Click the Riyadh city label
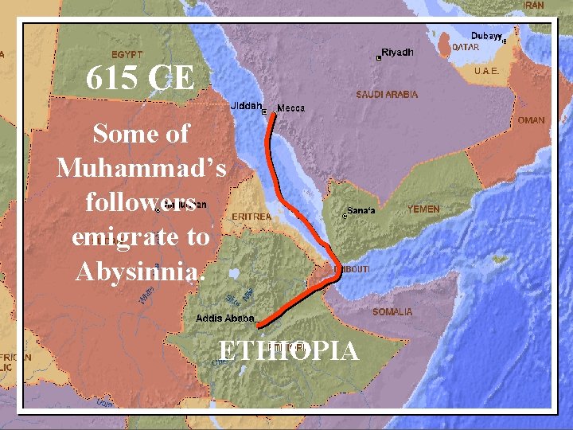tap(398, 53)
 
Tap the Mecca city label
tap(290, 107)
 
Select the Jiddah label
tap(245, 105)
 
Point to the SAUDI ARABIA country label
tap(387, 94)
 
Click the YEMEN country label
tap(423, 209)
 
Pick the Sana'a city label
tap(361, 210)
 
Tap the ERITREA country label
tap(251, 216)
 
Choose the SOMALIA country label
tap(392, 311)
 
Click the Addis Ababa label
tap(224, 319)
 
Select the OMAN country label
tap(531, 120)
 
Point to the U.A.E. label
tap(486, 71)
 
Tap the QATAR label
tap(466, 47)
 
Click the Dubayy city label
tap(485, 36)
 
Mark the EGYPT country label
tap(127, 55)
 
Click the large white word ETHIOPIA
tap(288, 350)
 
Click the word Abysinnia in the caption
tap(140, 272)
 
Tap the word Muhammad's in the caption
tap(141, 168)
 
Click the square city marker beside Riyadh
tap(379, 58)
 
